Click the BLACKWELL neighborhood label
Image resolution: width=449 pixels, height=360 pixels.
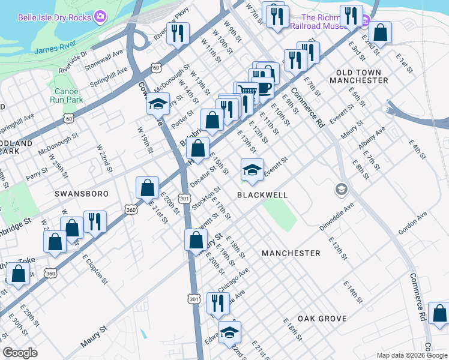[x=262, y=195]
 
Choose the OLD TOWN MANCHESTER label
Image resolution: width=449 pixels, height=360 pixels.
[x=359, y=76]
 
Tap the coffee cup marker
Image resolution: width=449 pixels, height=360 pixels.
[x=262, y=88]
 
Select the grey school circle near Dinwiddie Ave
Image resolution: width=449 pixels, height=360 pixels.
[x=342, y=190]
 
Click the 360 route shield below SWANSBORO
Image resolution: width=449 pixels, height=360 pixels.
[x=131, y=209]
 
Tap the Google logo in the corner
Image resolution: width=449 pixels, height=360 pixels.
[x=20, y=353]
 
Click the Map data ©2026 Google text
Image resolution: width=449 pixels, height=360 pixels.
[x=411, y=355]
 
